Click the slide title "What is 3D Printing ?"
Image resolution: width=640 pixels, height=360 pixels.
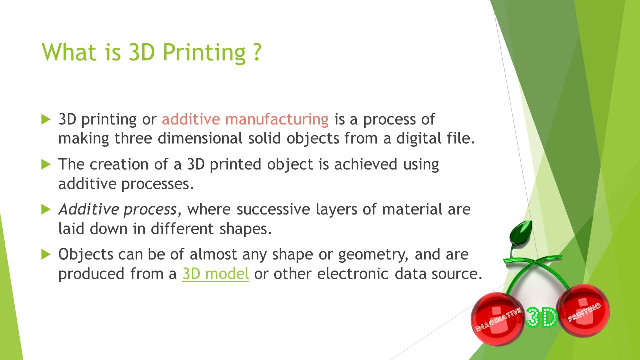click(x=151, y=52)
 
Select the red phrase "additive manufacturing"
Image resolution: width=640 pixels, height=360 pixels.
click(x=245, y=120)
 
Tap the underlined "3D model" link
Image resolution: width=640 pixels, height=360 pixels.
click(x=216, y=274)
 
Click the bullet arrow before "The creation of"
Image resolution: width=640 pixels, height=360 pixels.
click(x=46, y=164)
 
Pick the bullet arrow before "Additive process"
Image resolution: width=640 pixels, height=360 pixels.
click(x=46, y=209)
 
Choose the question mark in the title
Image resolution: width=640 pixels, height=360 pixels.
click(x=256, y=52)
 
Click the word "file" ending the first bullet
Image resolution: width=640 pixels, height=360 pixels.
click(x=460, y=139)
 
